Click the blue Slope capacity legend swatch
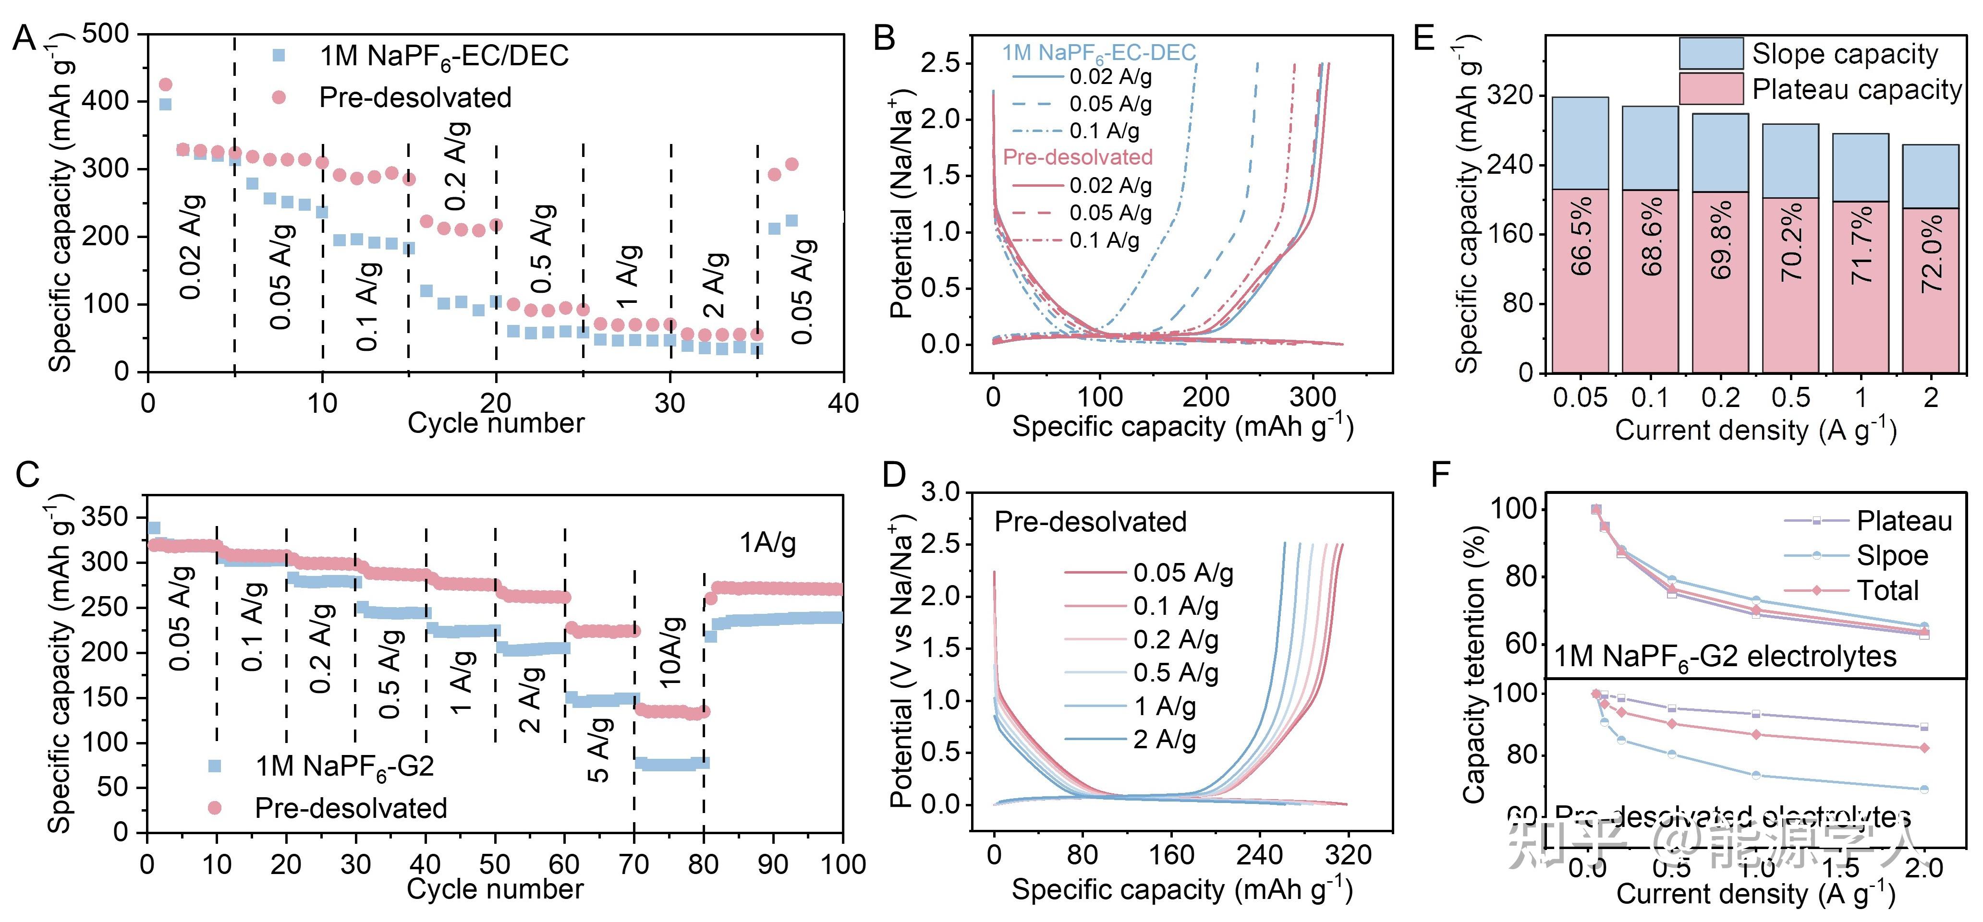(1711, 54)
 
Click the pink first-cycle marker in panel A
(165, 84)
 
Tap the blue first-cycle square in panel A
(165, 104)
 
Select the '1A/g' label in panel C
(767, 543)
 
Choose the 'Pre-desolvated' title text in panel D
(1090, 522)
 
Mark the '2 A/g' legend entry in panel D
(1164, 740)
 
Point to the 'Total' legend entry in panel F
(1887, 590)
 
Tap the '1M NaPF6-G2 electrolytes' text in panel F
(1724, 657)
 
